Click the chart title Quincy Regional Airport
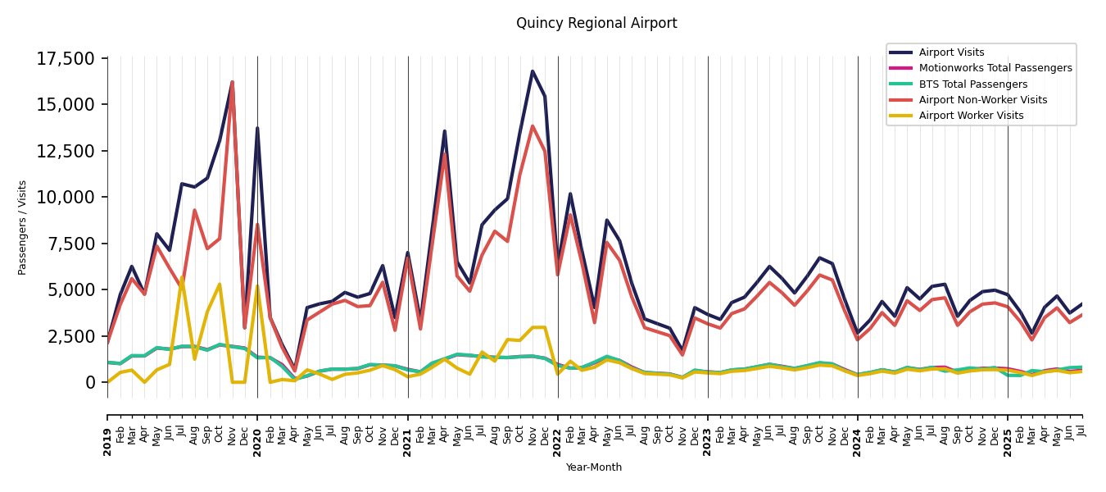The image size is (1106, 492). click(596, 24)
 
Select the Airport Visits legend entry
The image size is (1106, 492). click(951, 52)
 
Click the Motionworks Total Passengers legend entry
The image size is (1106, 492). click(995, 68)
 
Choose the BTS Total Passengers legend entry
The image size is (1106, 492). click(972, 84)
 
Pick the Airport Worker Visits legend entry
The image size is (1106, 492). click(971, 116)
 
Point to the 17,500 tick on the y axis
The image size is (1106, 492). click(66, 59)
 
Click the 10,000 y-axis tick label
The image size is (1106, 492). click(66, 198)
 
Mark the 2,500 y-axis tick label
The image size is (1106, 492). click(71, 336)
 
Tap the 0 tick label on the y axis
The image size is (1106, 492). click(91, 383)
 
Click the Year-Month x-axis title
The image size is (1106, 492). click(594, 467)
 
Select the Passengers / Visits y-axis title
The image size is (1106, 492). click(23, 227)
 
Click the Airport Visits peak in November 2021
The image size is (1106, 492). click(533, 71)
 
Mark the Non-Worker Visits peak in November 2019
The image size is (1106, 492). click(232, 82)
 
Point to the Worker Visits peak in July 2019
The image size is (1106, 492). click(182, 279)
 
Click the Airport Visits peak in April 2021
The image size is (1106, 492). click(445, 131)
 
